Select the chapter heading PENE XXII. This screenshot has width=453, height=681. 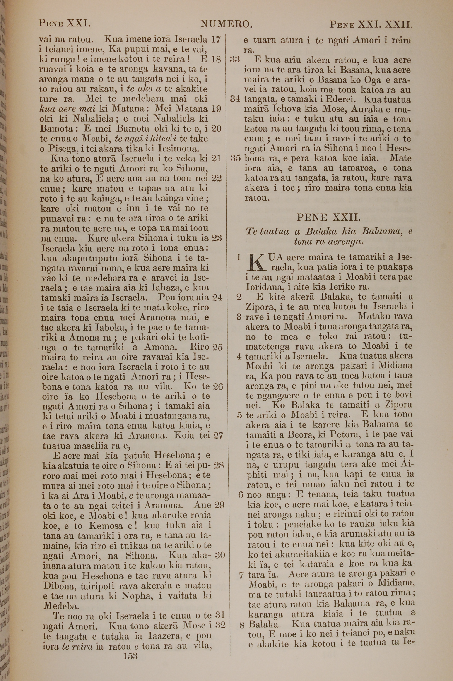click(328, 217)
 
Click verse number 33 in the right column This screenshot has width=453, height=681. click(235, 60)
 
